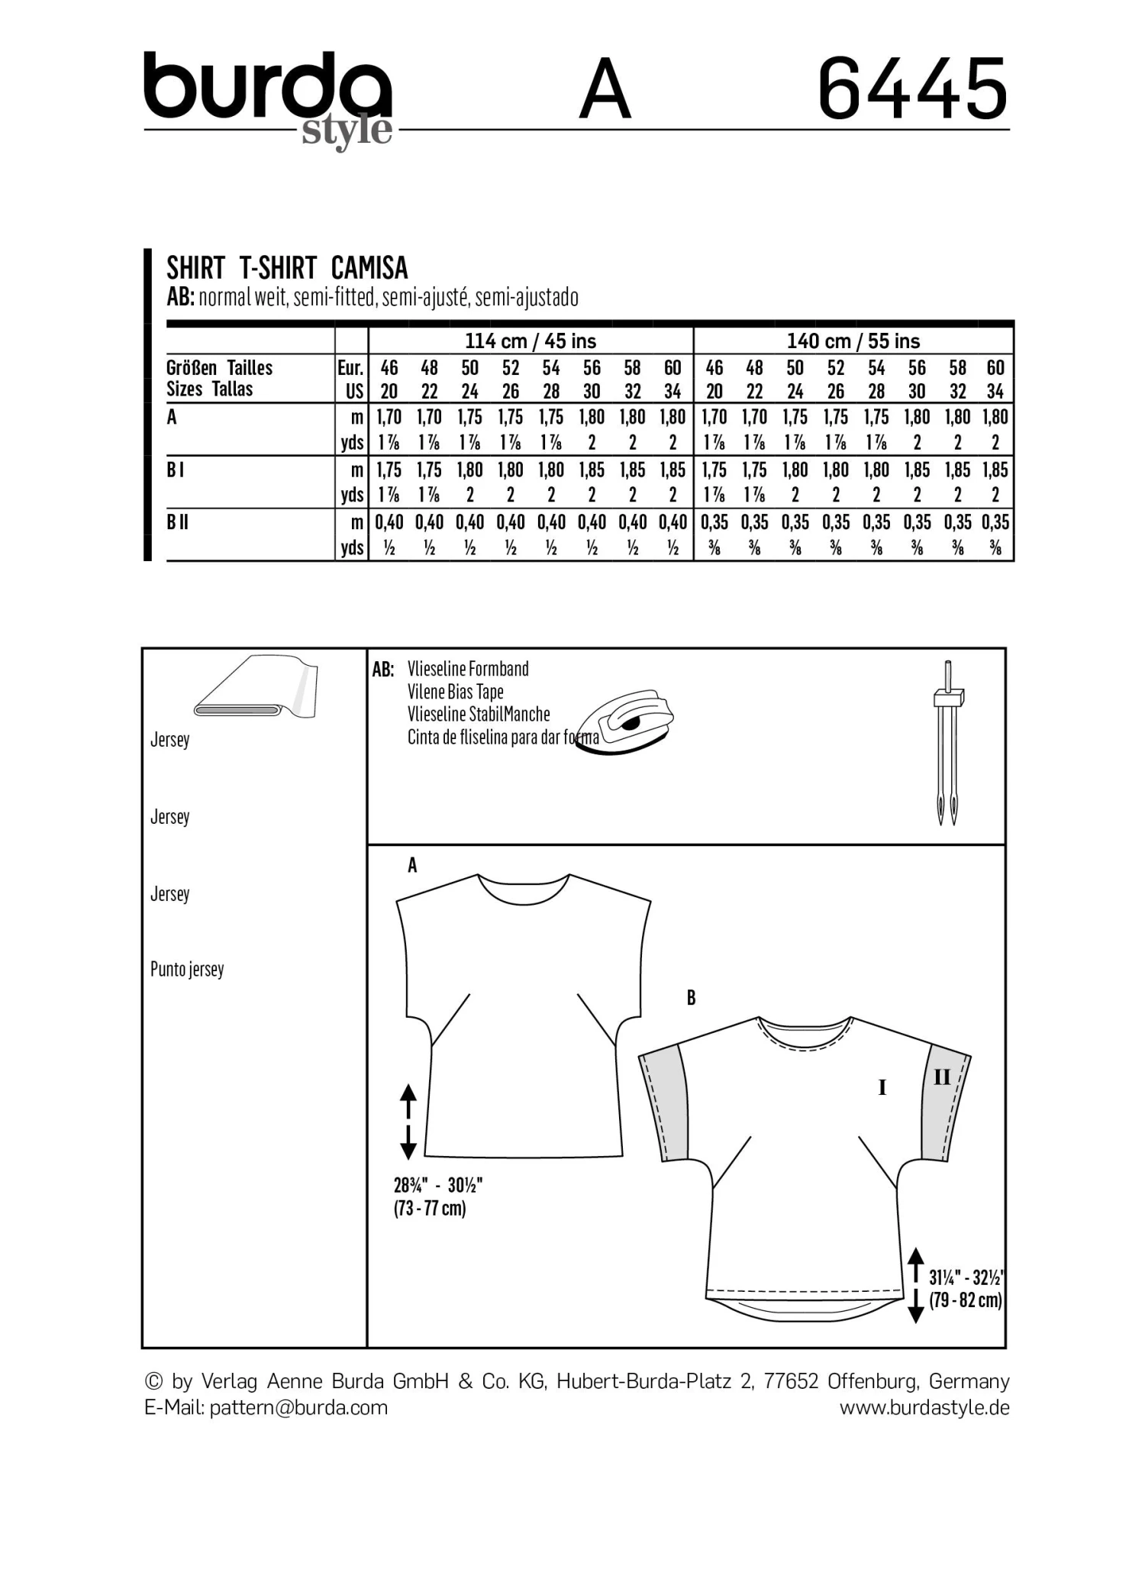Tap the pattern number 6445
pos(912,90)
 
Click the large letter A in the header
pos(605,90)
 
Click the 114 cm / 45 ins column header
pos(531,341)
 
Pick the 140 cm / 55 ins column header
pos(853,341)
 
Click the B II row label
pos(177,522)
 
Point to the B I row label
pos(175,470)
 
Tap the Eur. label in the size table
pos(350,368)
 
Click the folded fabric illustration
pos(256,686)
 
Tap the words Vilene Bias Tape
pos(455,692)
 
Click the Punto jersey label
pos(187,970)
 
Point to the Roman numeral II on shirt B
pos(942,1077)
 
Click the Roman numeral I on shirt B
pos(882,1087)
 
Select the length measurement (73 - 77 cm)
pos(430,1208)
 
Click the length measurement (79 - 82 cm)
pos(965,1299)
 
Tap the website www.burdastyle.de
pos(924,1407)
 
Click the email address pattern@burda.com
pos(298,1407)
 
